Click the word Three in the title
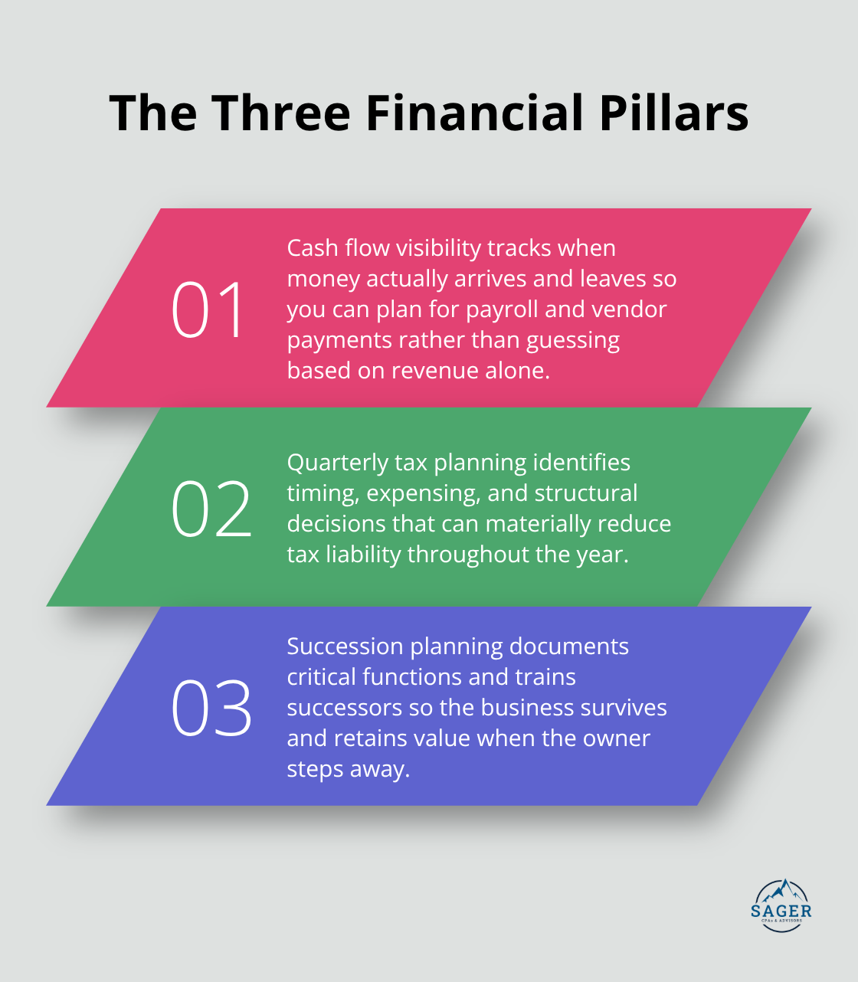[281, 113]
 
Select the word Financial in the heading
[475, 113]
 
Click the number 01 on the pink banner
[208, 309]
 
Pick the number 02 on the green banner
[211, 509]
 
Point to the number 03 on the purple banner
[211, 708]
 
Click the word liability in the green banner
[363, 555]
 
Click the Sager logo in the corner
[781, 905]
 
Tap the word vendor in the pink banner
[630, 309]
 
